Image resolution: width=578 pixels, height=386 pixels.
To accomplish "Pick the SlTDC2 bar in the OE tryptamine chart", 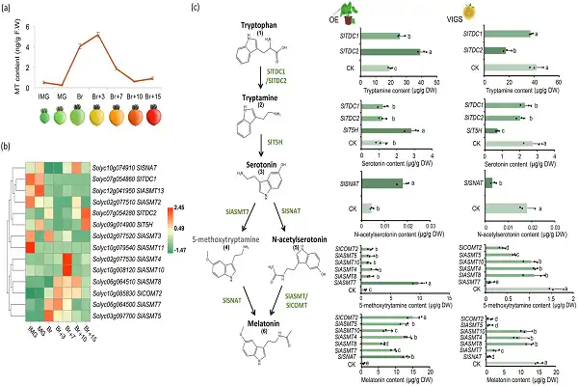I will tap(389, 51).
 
